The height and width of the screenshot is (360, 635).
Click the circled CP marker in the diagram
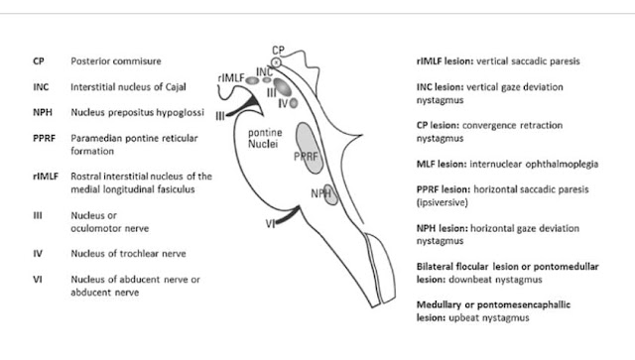(x=276, y=62)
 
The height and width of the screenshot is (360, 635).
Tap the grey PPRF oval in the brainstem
(x=310, y=148)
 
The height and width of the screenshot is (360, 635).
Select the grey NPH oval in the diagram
(x=331, y=194)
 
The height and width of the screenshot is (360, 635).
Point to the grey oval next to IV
(x=294, y=103)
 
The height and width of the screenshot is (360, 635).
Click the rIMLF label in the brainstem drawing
(x=231, y=77)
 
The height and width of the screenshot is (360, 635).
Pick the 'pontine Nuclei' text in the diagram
(x=265, y=138)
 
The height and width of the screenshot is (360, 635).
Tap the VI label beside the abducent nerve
(x=270, y=223)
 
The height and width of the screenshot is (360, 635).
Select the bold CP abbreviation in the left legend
(x=39, y=61)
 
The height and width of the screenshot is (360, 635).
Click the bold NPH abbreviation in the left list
(x=43, y=112)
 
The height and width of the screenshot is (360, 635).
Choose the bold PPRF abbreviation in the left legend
(x=44, y=138)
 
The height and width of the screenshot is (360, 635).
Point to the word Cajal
(x=176, y=87)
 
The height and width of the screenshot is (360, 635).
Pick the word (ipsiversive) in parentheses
(x=443, y=202)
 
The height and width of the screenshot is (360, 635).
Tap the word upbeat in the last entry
(x=462, y=318)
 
